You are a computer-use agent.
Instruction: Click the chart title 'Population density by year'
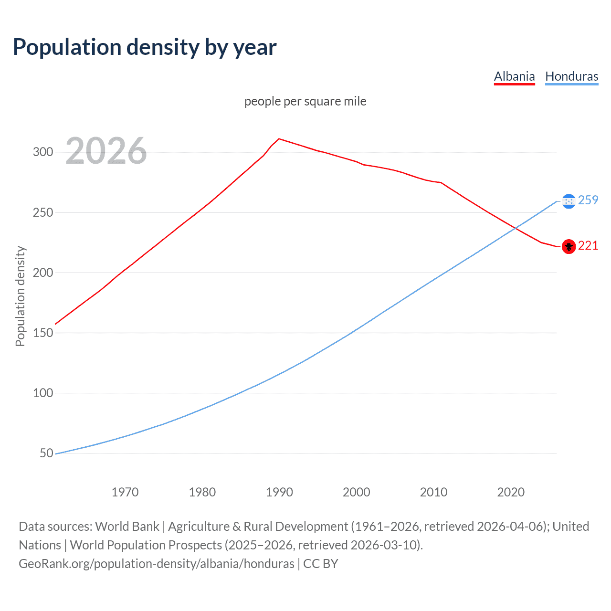click(x=145, y=47)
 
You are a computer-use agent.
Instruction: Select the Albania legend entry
click(x=514, y=76)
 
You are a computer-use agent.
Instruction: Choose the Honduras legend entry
click(x=571, y=76)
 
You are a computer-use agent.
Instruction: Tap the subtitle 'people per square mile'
click(x=305, y=101)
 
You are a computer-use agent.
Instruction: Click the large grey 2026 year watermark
click(x=106, y=151)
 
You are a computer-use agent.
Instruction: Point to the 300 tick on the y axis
click(x=42, y=152)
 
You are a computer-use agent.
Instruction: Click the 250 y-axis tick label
click(x=42, y=212)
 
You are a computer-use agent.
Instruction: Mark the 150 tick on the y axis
click(x=42, y=333)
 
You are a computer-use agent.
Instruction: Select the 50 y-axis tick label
click(x=46, y=453)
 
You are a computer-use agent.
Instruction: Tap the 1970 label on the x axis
click(x=125, y=492)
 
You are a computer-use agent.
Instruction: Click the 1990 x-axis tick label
click(x=279, y=492)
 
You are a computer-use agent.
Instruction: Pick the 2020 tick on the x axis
click(x=511, y=492)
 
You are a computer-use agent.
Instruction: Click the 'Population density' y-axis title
click(x=20, y=296)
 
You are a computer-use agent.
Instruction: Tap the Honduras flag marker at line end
click(x=568, y=201)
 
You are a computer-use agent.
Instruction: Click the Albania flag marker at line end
click(x=568, y=246)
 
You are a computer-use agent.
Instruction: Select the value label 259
click(x=588, y=200)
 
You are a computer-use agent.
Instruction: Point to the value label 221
click(x=588, y=245)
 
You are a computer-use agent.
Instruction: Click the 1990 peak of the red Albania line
click(x=279, y=139)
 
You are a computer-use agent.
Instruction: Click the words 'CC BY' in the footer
click(x=321, y=564)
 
